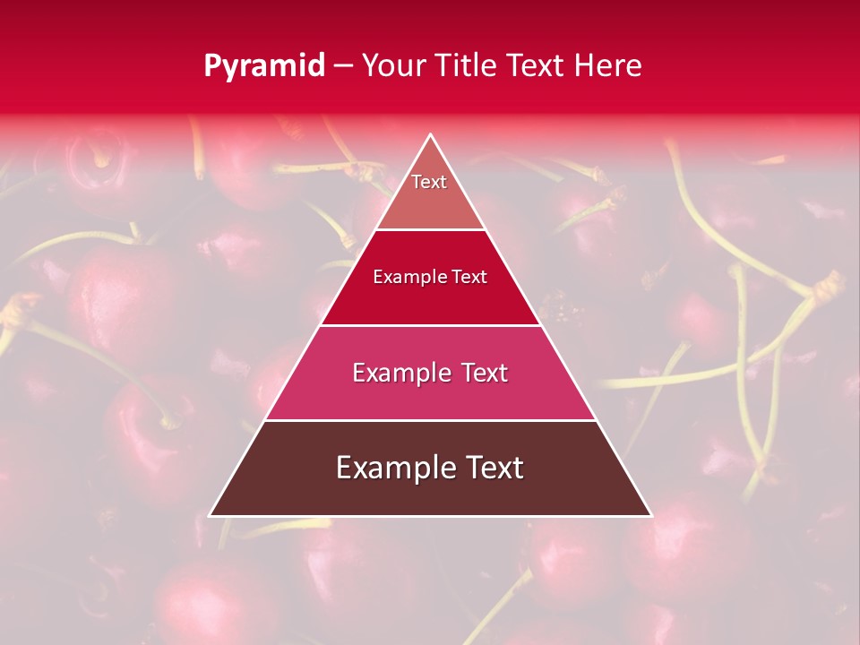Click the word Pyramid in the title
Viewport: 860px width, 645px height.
[x=264, y=65]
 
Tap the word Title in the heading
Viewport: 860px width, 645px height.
[x=469, y=65]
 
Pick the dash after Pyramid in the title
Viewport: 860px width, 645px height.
[x=342, y=66]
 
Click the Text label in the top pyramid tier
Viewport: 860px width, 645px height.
[x=429, y=182]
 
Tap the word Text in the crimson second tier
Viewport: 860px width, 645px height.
[x=470, y=278]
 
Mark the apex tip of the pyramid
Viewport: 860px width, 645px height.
[x=431, y=135]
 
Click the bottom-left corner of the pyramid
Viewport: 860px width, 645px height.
[x=211, y=515]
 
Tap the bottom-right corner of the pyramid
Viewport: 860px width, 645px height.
[x=651, y=515]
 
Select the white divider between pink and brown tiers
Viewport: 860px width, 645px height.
[x=431, y=420]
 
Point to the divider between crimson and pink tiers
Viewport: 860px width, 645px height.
[x=431, y=325]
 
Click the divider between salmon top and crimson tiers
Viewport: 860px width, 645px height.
[x=431, y=230]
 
